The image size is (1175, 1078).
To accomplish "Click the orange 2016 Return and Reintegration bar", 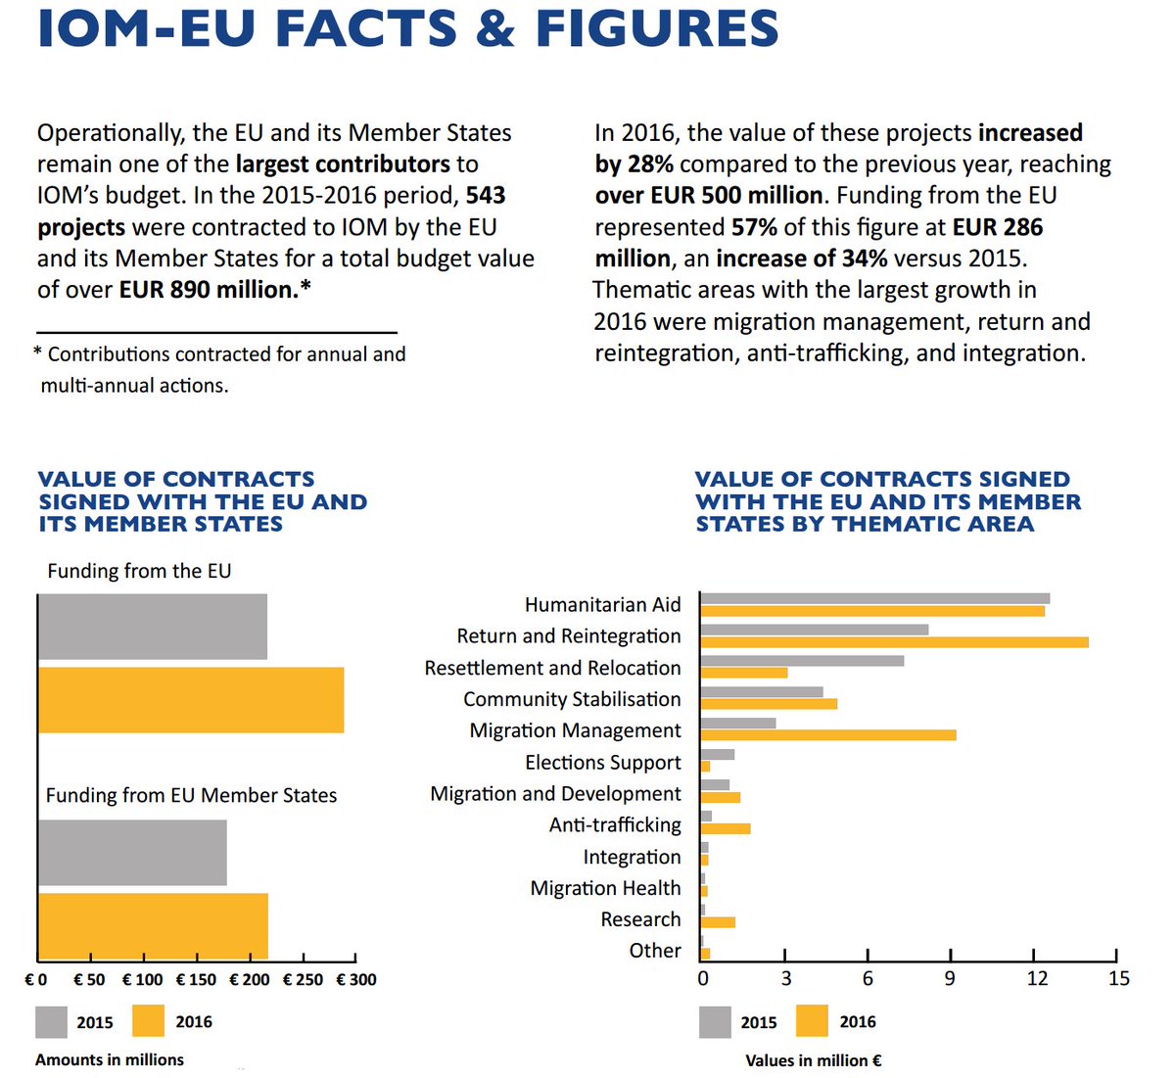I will tap(894, 642).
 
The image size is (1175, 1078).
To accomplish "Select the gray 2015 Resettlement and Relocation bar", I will tap(802, 661).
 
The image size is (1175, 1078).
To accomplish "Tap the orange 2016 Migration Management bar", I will tap(828, 735).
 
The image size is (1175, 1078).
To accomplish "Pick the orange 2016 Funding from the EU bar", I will tap(191, 700).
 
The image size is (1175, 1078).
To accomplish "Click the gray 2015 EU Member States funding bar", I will tap(132, 853).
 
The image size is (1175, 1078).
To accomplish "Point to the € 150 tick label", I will tap(196, 979).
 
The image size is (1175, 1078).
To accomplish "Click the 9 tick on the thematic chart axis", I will tap(950, 978).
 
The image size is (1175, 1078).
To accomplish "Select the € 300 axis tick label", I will tap(356, 979).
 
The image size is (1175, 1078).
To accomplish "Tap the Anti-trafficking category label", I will tap(615, 825).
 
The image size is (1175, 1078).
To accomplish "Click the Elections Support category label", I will tap(602, 763).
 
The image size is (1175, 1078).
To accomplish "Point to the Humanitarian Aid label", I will tap(602, 605).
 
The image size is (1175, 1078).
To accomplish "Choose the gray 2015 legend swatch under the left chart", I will tap(52, 1022).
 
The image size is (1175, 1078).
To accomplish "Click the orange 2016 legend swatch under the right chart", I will tap(812, 1022).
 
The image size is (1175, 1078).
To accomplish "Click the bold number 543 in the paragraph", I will tap(486, 196).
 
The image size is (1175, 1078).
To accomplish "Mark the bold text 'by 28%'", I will tap(634, 164).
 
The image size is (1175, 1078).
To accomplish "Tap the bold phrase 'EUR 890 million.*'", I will tap(214, 290).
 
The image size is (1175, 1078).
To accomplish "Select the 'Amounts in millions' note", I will tap(110, 1059).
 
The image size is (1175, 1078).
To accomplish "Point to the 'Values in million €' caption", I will tap(813, 1060).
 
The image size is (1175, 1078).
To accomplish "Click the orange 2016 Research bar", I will tap(718, 922).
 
